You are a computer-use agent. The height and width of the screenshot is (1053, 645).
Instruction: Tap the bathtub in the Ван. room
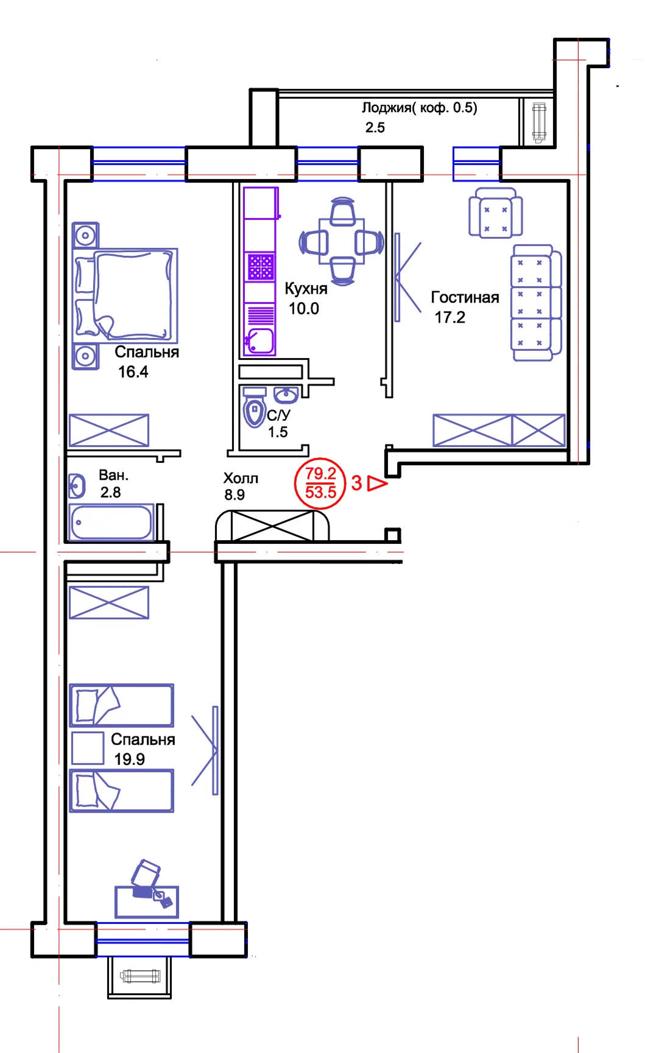pos(111,522)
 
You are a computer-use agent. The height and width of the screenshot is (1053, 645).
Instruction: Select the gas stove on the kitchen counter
pos(261,267)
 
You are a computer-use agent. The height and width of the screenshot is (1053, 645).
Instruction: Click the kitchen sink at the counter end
pos(260,340)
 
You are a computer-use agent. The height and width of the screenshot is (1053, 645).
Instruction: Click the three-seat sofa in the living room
pos(535,303)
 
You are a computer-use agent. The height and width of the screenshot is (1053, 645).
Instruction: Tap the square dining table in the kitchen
pos(342,241)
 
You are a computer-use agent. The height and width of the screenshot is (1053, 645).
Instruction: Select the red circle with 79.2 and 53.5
pos(320,484)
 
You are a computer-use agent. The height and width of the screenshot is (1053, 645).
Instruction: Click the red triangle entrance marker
pos(377,484)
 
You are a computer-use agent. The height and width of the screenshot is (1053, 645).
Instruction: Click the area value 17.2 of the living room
pos(449,317)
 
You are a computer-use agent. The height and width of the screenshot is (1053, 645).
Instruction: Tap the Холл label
pos(241,478)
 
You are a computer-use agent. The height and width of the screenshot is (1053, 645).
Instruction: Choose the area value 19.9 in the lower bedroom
pos(130,759)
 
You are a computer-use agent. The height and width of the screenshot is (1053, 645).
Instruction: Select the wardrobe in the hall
pos(272,526)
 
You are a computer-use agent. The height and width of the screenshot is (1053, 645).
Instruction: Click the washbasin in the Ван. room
pos(77,486)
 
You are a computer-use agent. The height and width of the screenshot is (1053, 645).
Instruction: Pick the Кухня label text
pos(306,289)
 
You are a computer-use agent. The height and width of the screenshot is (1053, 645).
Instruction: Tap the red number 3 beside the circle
pos(357,484)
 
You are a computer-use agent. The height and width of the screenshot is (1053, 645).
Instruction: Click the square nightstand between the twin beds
pos(88,748)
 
